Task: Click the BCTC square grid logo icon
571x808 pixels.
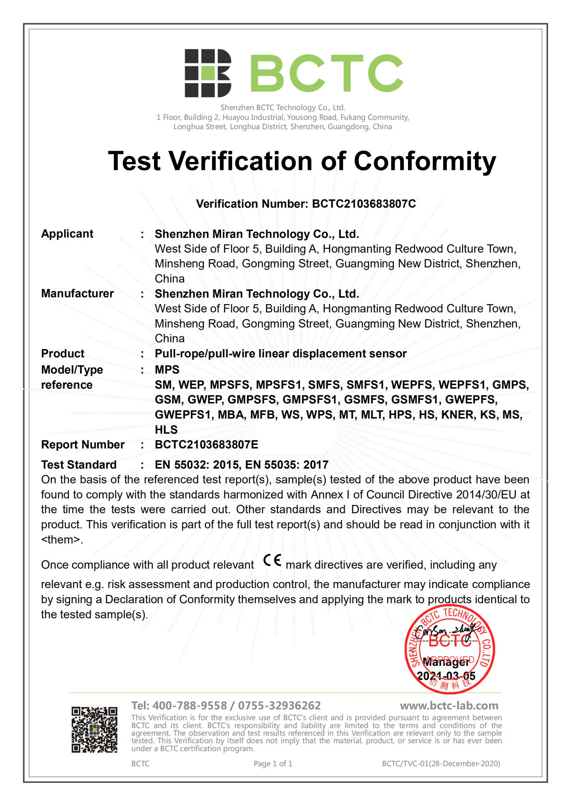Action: pyautogui.click(x=208, y=73)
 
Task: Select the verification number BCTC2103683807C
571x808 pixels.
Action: pyautogui.click(x=364, y=204)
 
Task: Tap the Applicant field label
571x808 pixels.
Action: pyautogui.click(x=67, y=234)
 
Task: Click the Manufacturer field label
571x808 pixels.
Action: pyautogui.click(x=77, y=293)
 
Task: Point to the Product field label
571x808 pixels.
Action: pyautogui.click(x=63, y=353)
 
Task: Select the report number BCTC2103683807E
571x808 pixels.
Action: pyautogui.click(x=206, y=444)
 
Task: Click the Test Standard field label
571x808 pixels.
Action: pyautogui.click(x=79, y=465)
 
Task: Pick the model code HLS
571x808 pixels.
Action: pyautogui.click(x=166, y=429)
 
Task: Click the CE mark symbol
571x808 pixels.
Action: pyautogui.click(x=272, y=561)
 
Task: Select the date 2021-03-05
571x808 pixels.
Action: pyautogui.click(x=446, y=676)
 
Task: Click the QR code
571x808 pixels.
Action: pyautogui.click(x=95, y=730)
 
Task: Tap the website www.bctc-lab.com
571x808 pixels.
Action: pyautogui.click(x=449, y=705)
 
